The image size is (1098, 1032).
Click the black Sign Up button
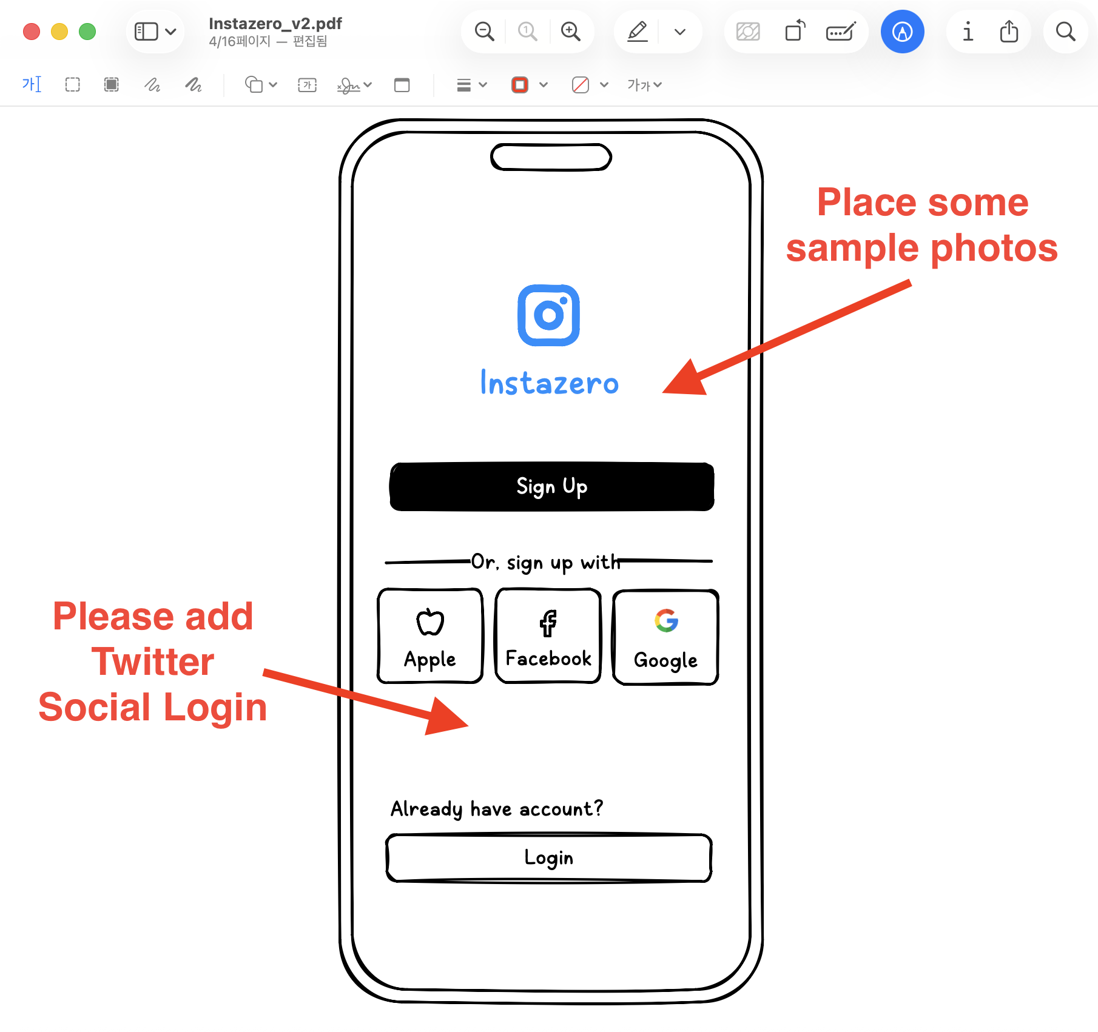tap(551, 487)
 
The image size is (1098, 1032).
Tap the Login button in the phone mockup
tap(548, 858)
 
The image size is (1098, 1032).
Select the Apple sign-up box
tap(430, 636)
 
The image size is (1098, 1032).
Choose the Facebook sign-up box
tap(548, 636)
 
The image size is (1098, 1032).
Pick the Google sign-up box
tap(665, 637)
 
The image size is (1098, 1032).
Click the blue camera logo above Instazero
tap(548, 315)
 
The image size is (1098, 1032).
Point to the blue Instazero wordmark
tap(549, 383)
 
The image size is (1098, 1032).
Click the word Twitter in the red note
tap(153, 662)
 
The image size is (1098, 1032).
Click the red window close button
tap(32, 32)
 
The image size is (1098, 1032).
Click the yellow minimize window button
tap(59, 32)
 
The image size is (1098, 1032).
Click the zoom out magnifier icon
tap(484, 32)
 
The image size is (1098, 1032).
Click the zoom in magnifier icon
tap(570, 32)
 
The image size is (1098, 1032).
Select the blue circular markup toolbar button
tap(902, 32)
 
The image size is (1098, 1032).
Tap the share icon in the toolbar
tap(1009, 32)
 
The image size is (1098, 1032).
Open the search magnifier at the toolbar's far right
tap(1065, 32)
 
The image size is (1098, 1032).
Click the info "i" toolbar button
tap(968, 32)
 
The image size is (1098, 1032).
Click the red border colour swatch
tap(520, 85)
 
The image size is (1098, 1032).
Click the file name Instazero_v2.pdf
tap(275, 24)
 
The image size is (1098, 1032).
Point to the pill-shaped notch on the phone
tap(551, 158)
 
